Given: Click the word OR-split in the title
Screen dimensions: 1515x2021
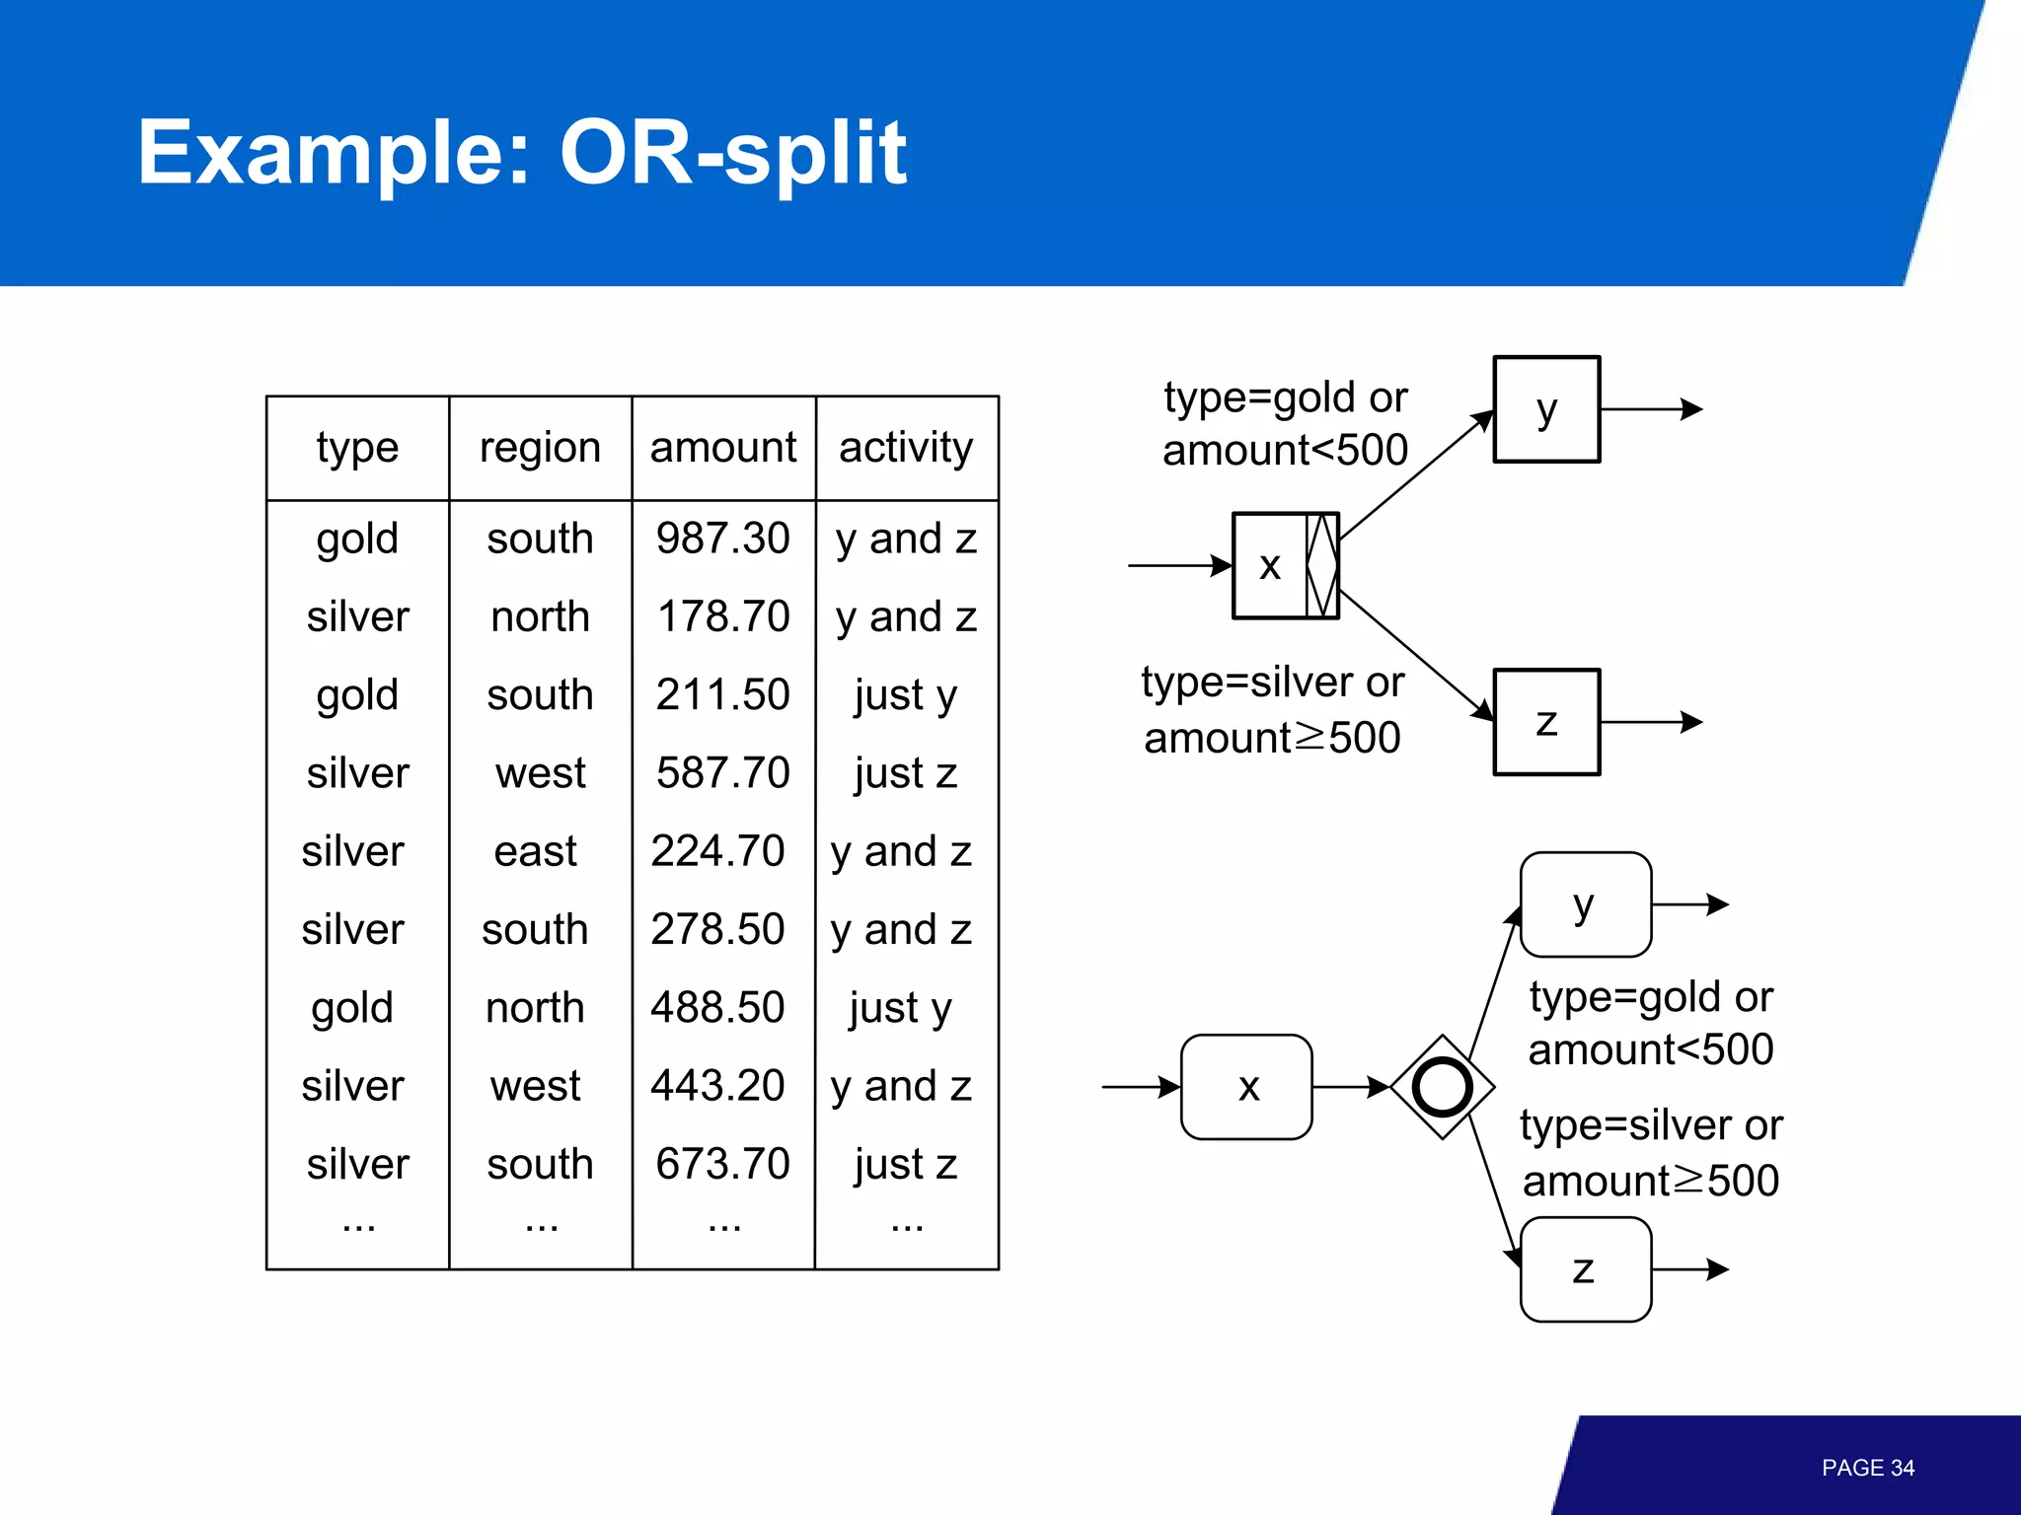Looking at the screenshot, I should pos(732,153).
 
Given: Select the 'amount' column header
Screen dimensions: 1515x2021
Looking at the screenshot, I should pos(722,448).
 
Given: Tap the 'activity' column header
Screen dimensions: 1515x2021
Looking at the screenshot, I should pos(905,448).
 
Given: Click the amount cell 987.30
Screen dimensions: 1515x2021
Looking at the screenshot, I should pos(722,539).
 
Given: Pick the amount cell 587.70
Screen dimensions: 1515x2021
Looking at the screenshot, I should pos(722,772).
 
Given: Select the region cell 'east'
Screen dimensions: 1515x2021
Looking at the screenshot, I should pos(535,851).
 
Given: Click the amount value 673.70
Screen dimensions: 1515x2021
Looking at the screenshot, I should pos(722,1164).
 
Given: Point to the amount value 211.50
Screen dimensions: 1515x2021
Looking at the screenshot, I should pos(722,694).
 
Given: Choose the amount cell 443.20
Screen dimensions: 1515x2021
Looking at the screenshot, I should pos(717,1086).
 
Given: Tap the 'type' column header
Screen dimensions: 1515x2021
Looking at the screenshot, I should pos(357,448).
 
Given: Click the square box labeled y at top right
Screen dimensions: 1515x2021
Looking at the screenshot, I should pos(1545,409).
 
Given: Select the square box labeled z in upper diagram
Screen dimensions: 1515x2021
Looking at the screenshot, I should pos(1545,722).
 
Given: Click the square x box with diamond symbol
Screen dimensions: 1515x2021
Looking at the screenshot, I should pos(1285,565).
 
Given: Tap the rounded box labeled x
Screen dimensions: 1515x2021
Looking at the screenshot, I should pos(1246,1087).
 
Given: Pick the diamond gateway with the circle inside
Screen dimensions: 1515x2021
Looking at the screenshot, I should pos(1442,1087).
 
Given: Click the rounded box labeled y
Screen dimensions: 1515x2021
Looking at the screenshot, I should pos(1585,904).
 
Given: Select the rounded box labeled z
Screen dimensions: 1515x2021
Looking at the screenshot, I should pos(1585,1269).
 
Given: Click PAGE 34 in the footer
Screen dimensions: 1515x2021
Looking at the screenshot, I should pos(1867,1468).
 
